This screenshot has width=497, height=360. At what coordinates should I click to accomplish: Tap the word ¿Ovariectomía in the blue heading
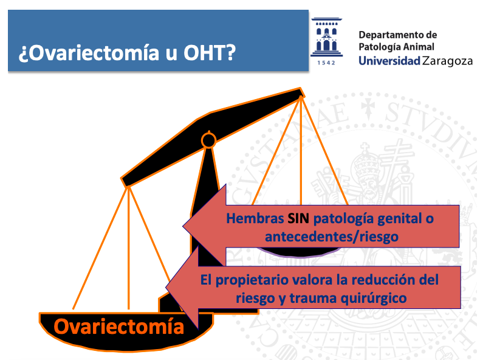(89, 53)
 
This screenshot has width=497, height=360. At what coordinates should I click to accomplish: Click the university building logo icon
(326, 37)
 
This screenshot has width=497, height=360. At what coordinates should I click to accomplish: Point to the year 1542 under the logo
(326, 63)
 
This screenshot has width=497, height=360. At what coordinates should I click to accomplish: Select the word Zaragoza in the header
(448, 61)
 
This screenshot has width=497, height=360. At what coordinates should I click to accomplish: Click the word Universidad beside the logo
(389, 61)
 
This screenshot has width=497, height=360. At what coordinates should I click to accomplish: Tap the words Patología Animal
(396, 47)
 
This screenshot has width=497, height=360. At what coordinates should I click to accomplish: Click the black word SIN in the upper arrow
(298, 218)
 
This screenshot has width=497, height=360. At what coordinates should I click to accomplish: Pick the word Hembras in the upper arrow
(255, 218)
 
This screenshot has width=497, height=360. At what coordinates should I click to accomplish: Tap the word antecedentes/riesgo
(332, 237)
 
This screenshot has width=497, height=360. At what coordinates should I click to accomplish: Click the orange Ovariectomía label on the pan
(119, 327)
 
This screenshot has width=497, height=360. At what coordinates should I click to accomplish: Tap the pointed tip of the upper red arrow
(183, 226)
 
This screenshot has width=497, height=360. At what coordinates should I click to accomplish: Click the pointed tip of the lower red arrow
(166, 288)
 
